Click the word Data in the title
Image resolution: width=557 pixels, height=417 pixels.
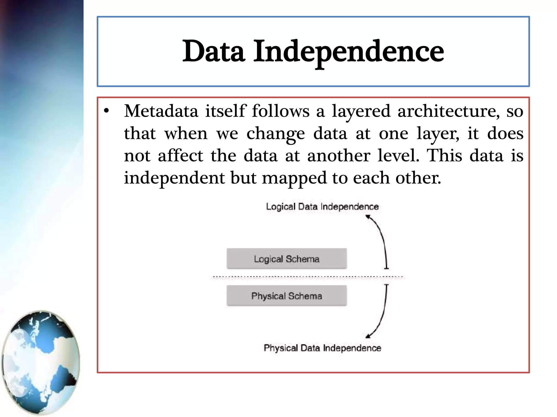(213, 51)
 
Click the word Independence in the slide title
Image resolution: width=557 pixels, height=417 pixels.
(349, 51)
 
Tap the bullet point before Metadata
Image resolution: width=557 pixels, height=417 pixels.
(106, 111)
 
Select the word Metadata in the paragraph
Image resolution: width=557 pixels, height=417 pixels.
(161, 111)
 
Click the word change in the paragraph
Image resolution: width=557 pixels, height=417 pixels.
(276, 134)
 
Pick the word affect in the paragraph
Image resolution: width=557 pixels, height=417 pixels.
(180, 156)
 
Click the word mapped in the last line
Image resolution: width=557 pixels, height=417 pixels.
(294, 178)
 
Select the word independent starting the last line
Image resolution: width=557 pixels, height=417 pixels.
(174, 178)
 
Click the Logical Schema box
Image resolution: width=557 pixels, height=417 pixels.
(287, 259)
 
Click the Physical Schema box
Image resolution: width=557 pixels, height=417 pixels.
(287, 296)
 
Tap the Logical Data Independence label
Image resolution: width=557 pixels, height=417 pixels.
(322, 207)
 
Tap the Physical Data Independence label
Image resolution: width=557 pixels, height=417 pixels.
(322, 348)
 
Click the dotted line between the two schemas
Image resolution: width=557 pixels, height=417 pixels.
(307, 277)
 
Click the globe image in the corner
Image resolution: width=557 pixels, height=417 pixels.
(41, 362)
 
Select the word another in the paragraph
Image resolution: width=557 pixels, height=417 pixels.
(339, 156)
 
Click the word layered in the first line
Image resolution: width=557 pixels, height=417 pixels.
(361, 111)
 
